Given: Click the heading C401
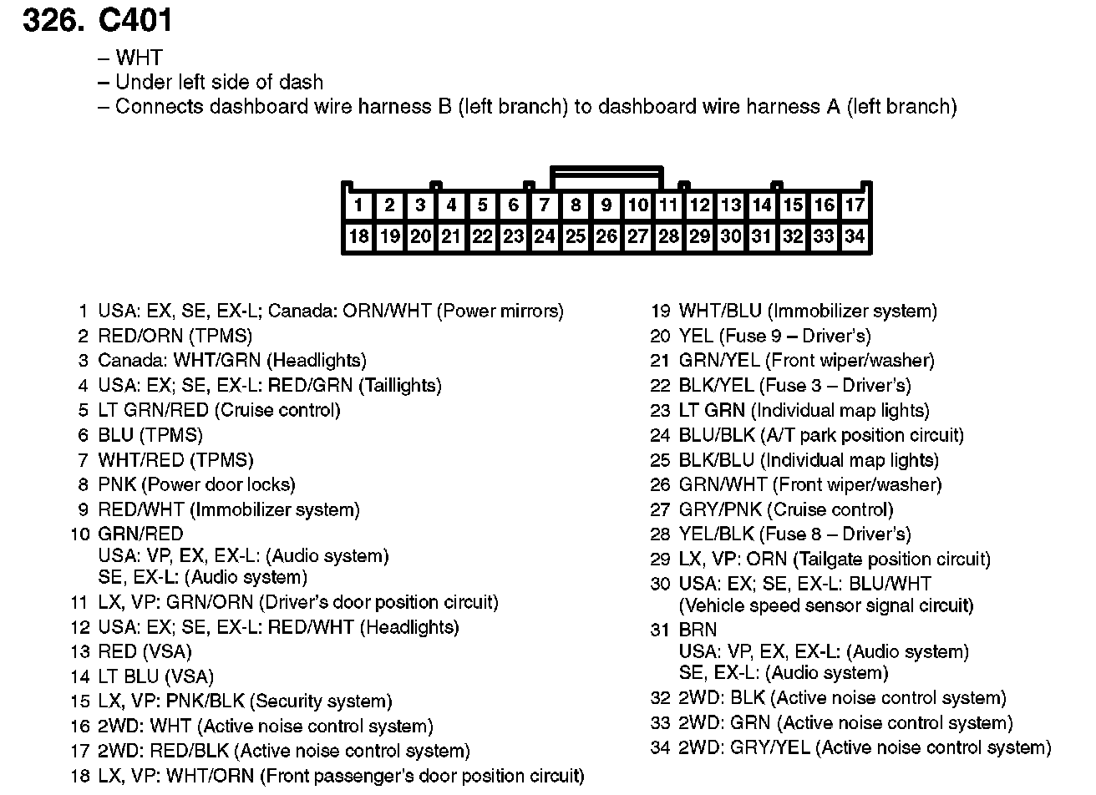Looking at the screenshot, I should point(135,20).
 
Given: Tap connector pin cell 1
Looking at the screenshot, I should point(358,205).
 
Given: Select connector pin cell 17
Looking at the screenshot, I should point(855,205).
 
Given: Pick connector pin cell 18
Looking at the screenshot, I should point(358,236).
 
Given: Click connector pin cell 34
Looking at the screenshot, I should point(855,236).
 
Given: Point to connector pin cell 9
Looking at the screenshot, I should point(606,205).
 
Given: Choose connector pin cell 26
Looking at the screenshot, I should point(606,236).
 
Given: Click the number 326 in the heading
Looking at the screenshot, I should point(53,20).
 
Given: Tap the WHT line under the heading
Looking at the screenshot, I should point(139,58).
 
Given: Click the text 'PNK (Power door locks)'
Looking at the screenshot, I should point(196,485).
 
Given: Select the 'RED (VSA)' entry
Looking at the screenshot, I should point(145,652).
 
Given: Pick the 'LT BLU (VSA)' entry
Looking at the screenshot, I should point(155,677).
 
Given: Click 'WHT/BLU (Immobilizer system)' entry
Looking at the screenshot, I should point(808,311).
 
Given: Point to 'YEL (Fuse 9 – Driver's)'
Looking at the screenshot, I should point(774,337).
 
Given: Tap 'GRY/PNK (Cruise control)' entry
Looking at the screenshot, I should point(786,510).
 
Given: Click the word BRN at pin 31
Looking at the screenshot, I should point(698,630).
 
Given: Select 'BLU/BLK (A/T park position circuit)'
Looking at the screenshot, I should point(821,436).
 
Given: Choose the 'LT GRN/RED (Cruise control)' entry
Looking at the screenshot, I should point(219,411).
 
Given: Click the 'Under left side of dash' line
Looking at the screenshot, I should point(219,83).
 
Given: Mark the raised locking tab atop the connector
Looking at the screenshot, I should point(606,175).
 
